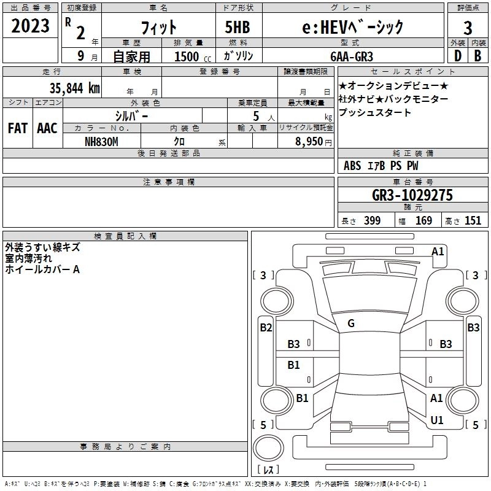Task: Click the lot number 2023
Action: [x=30, y=26]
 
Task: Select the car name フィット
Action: [x=158, y=28]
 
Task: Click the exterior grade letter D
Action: [x=457, y=55]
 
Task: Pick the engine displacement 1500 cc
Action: [x=187, y=56]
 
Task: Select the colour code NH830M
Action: [x=101, y=141]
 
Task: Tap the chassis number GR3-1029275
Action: [x=412, y=196]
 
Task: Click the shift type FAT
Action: [x=18, y=128]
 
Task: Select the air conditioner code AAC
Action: [x=47, y=128]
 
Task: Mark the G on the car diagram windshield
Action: [x=350, y=323]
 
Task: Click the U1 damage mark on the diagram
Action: [x=436, y=420]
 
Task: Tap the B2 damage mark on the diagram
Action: [x=265, y=328]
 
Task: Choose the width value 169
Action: [x=423, y=221]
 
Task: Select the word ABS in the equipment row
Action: [x=352, y=166]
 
